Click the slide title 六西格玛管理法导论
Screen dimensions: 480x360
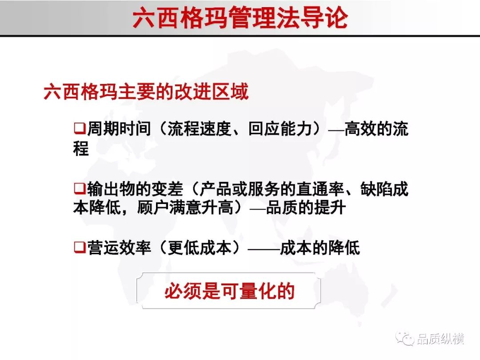tap(240, 18)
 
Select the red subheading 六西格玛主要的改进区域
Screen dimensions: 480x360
tap(146, 92)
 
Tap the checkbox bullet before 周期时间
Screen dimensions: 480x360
tap(80, 128)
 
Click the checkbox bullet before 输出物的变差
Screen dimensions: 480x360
tap(80, 188)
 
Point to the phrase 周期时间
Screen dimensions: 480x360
tap(119, 128)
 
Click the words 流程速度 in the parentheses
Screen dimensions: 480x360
tap(200, 128)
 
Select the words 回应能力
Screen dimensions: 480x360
tap(280, 128)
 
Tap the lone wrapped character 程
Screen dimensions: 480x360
tap(81, 148)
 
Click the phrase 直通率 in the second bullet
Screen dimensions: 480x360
tap(320, 188)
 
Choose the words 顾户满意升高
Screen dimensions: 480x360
tap(185, 208)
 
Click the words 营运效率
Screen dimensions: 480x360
tap(119, 248)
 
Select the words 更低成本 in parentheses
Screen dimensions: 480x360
tap(200, 248)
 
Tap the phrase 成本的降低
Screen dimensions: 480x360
tap(320, 248)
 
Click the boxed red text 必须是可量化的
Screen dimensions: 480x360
tap(230, 291)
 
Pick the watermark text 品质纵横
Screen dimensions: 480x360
tap(441, 339)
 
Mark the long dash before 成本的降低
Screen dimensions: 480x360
tap(264, 248)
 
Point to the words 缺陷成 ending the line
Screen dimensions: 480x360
tap(384, 188)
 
